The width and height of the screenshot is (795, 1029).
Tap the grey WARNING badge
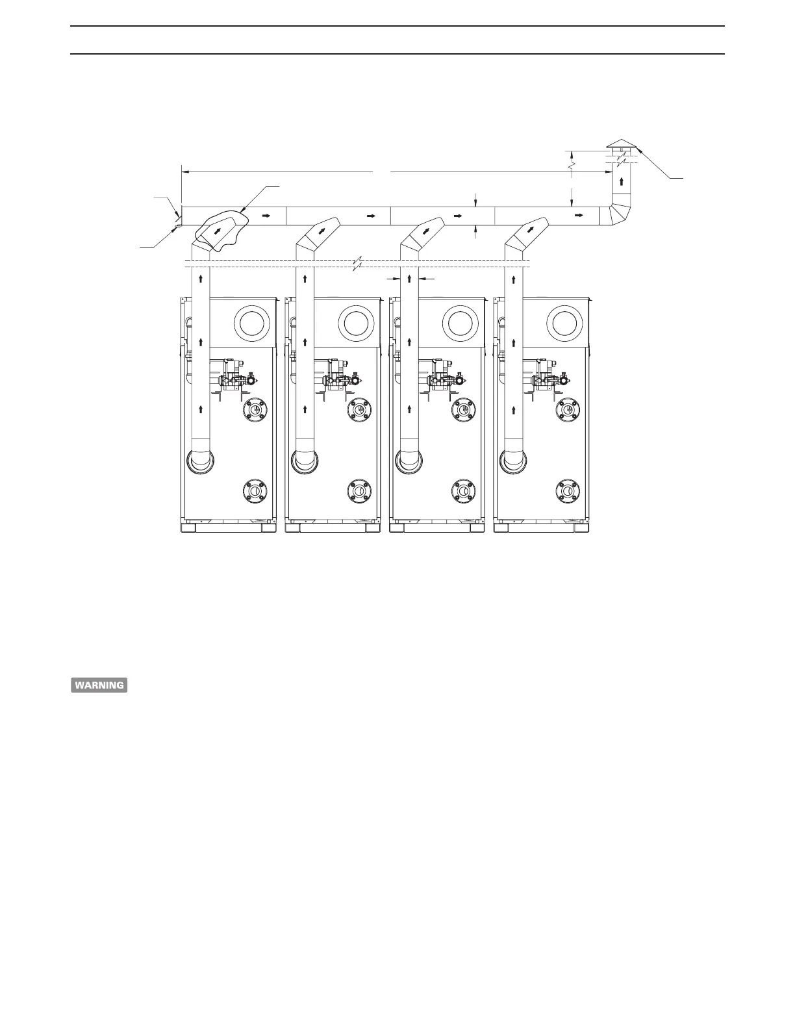pos(99,685)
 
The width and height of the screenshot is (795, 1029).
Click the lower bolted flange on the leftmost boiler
pos(255,490)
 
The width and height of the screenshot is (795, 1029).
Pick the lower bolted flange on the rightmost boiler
pos(568,490)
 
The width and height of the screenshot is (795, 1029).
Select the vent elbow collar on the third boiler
pos(410,460)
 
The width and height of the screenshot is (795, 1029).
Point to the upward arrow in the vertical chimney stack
pos(622,181)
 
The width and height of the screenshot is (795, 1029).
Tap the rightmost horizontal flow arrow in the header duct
pos(575,213)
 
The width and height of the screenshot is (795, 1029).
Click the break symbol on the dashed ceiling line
pos(357,263)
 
